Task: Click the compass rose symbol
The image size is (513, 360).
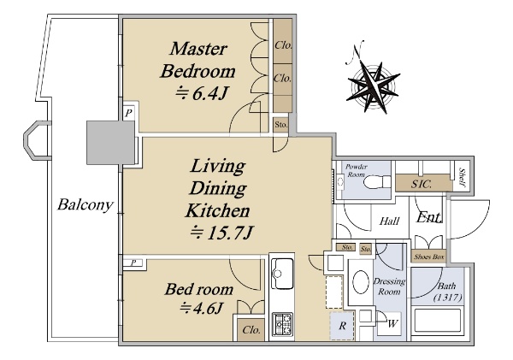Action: [x=373, y=86]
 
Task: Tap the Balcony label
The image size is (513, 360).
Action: [x=85, y=205]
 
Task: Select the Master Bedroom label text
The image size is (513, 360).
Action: [x=198, y=60]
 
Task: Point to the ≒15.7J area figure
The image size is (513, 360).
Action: [x=221, y=233]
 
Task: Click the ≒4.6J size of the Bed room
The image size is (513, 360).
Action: [x=202, y=308]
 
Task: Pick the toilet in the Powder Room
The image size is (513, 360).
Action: [x=376, y=182]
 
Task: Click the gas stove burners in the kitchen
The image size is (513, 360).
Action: [x=283, y=324]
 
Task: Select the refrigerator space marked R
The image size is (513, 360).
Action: [x=342, y=326]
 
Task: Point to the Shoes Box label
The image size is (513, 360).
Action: [x=429, y=257]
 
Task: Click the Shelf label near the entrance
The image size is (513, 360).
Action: [x=463, y=177]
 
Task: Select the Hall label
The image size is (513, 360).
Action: [x=389, y=221]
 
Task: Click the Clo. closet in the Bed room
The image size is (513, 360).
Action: [x=251, y=330]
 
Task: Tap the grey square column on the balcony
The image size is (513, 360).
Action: [x=110, y=142]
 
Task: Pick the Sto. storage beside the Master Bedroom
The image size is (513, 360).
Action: [x=281, y=125]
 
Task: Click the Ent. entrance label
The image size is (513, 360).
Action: [x=428, y=217]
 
